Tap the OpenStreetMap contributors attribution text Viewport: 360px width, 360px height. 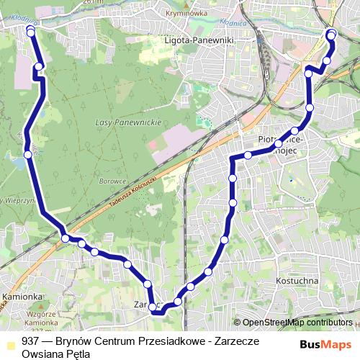pyautogui.click(x=297, y=323)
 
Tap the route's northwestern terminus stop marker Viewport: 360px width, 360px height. pyautogui.click(x=30, y=30)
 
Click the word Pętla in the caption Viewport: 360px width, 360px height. pyautogui.click(x=78, y=354)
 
